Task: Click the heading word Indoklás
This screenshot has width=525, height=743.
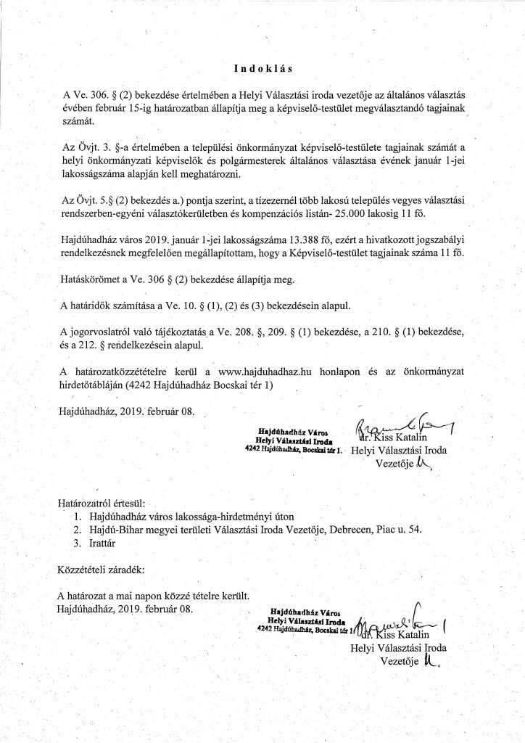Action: click(x=262, y=70)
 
